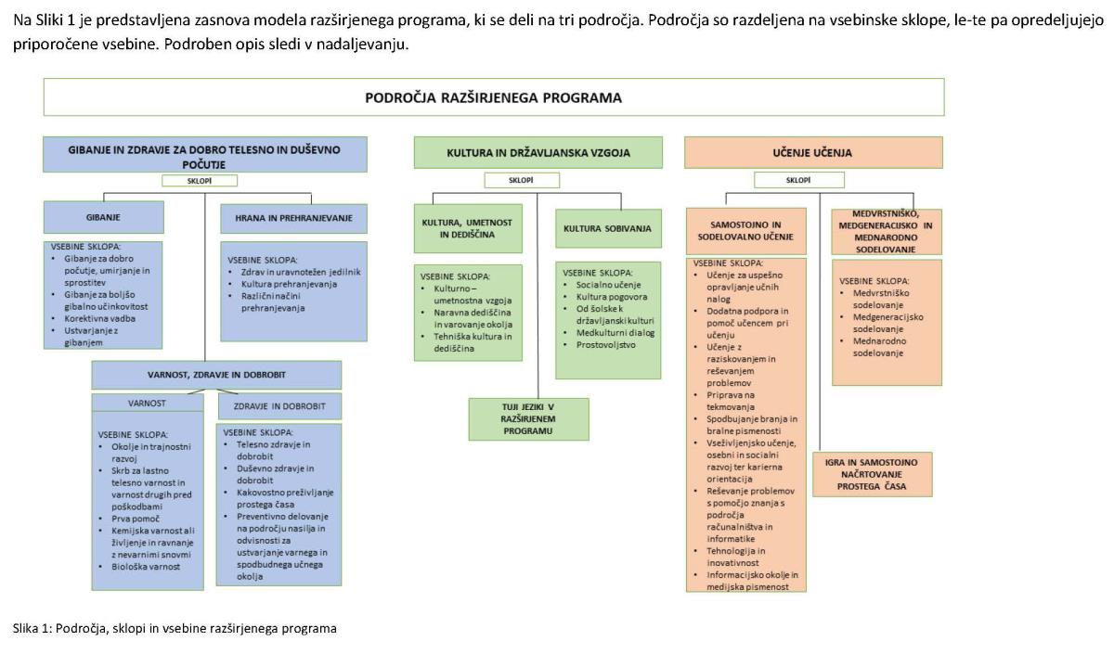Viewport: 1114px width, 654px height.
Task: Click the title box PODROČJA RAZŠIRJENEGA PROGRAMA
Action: pyautogui.click(x=493, y=97)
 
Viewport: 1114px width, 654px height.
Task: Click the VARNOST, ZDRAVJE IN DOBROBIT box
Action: pyautogui.click(x=216, y=375)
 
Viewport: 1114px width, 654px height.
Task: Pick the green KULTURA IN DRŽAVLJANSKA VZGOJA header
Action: pyautogui.click(x=538, y=152)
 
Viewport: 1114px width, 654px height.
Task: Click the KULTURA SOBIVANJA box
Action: pyautogui.click(x=607, y=228)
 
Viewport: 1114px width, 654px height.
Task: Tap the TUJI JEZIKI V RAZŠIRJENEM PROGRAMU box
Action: pyautogui.click(x=528, y=418)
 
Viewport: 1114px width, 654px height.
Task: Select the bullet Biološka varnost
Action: pyautogui.click(x=145, y=566)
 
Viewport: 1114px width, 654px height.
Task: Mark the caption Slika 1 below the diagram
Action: pyautogui.click(x=175, y=629)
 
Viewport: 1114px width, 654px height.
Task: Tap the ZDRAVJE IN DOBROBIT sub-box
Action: pyautogui.click(x=278, y=405)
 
